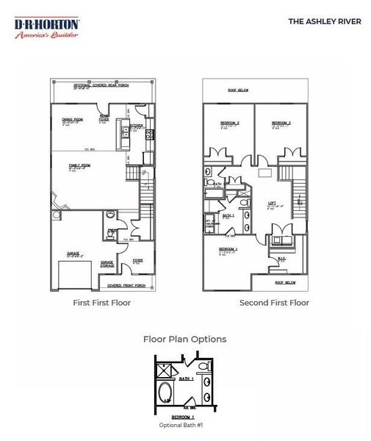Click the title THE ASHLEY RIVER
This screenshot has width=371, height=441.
click(x=324, y=21)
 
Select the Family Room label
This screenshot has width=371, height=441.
click(x=79, y=165)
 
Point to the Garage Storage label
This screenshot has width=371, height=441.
click(x=107, y=263)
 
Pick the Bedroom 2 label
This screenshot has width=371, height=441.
click(x=231, y=123)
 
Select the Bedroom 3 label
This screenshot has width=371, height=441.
click(x=281, y=123)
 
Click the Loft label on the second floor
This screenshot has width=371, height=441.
click(x=272, y=204)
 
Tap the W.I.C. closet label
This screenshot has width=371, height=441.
click(x=281, y=258)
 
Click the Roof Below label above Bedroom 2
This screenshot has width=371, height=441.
click(x=238, y=90)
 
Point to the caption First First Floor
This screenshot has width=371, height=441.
click(x=102, y=303)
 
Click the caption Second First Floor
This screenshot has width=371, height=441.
click(x=274, y=303)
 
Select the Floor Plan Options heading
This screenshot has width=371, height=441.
click(x=184, y=339)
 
